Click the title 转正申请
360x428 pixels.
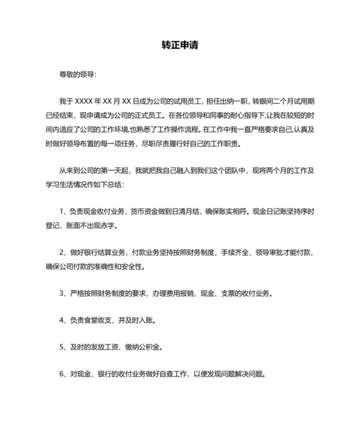[180, 46]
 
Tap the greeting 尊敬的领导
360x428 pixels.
[77, 75]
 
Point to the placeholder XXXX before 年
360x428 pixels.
[85, 102]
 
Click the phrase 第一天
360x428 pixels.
[119, 171]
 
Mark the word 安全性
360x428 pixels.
[133, 266]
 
